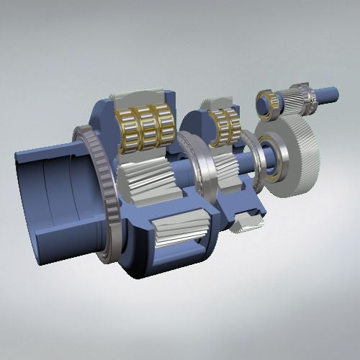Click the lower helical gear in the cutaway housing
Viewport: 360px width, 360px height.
(x=180, y=230)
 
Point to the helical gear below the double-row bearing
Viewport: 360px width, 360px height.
(x=228, y=173)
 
